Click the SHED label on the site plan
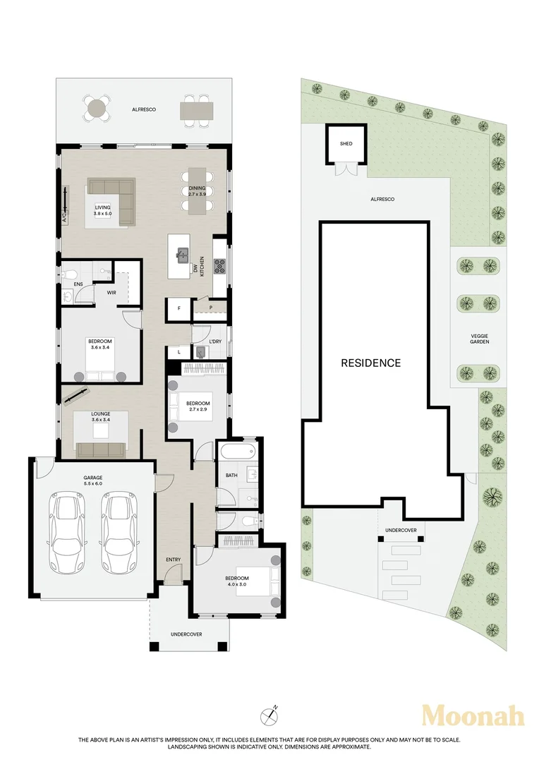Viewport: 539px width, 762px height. [346, 144]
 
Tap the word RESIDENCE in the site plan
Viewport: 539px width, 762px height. [371, 363]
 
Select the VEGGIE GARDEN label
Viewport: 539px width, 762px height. [479, 339]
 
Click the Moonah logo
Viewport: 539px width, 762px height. [473, 716]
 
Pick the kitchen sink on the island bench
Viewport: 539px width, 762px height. [183, 255]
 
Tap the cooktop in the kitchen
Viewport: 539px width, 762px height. [220, 266]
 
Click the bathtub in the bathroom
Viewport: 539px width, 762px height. [237, 453]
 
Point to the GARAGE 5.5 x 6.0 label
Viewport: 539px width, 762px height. [92, 480]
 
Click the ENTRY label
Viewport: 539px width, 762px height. [173, 560]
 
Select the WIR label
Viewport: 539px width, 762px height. [111, 293]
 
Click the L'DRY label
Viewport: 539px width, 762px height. [214, 341]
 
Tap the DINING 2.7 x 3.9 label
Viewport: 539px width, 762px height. [197, 191]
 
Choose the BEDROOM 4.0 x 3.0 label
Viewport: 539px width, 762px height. [236, 581]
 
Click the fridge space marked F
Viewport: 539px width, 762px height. [179, 308]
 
